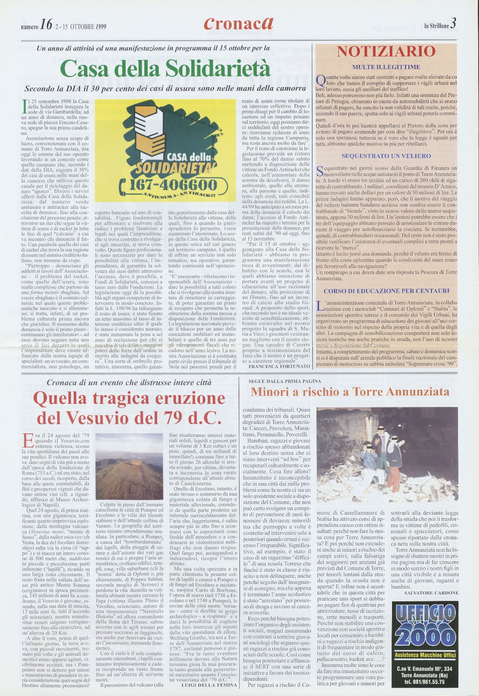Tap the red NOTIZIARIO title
tap(386, 52)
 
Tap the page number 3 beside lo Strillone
tap(453, 24)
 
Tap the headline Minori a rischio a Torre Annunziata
tap(350, 392)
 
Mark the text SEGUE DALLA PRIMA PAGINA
tap(284, 381)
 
